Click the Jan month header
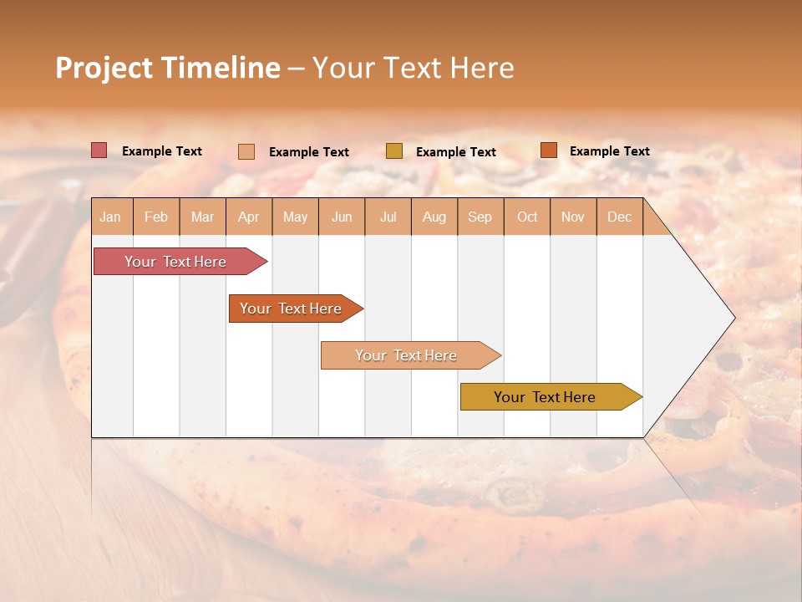tap(110, 217)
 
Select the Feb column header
tap(156, 217)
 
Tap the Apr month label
tap(248, 217)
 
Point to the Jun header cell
tap(342, 217)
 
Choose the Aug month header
tap(434, 217)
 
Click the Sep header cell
tap(480, 217)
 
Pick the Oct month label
tap(527, 217)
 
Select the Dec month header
tap(619, 217)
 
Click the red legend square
tap(99, 150)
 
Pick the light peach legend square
tap(246, 151)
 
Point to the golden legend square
tap(394, 151)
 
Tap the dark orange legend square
tap(548, 150)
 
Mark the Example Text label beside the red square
tap(162, 151)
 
